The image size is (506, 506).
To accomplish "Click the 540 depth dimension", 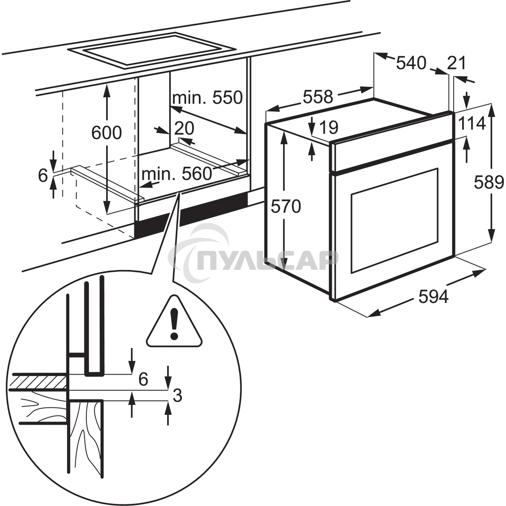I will click(411, 63).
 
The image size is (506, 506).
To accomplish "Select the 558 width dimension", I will click(318, 96).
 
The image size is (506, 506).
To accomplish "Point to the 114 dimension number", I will click(472, 124).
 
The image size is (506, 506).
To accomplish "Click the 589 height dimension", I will click(488, 182).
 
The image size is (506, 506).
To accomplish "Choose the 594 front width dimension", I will click(433, 297).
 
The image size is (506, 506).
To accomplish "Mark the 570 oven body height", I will click(286, 206).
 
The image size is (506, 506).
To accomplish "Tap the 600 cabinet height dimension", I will click(106, 133).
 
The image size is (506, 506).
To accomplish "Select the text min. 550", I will click(207, 97).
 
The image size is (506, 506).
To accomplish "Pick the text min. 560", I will click(176, 174).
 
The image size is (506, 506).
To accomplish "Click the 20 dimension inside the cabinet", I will click(184, 128).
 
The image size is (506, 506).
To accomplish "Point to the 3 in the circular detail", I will click(177, 395).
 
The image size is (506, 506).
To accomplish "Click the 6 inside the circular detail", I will click(143, 379).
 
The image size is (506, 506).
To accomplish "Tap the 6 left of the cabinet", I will click(43, 175).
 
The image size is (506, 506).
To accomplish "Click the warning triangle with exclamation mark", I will click(174, 323).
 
